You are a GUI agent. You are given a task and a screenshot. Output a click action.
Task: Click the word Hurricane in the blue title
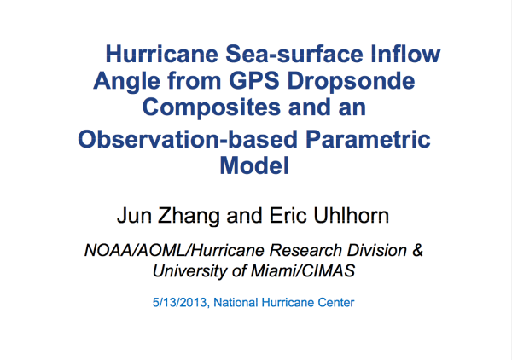point(162,54)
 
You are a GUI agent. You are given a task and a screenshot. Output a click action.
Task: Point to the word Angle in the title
point(126,82)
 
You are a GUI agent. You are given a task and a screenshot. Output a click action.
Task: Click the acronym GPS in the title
point(254,80)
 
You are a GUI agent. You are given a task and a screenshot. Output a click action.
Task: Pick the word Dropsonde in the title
point(351,82)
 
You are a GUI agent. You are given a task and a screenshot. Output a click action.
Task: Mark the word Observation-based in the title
point(188,139)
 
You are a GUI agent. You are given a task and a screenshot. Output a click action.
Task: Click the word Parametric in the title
point(368,139)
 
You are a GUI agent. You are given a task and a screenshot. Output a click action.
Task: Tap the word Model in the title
point(254,165)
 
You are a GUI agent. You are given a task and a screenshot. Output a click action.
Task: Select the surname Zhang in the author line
point(189,217)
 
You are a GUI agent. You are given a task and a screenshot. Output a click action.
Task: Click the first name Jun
point(134,216)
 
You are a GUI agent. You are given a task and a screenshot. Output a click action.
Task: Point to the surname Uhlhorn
point(351,216)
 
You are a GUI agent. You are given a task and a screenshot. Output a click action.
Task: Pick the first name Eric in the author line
point(288,216)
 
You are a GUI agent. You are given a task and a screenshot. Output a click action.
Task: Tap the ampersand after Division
point(417,250)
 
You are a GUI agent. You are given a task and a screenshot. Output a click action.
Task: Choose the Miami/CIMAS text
point(303,270)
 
